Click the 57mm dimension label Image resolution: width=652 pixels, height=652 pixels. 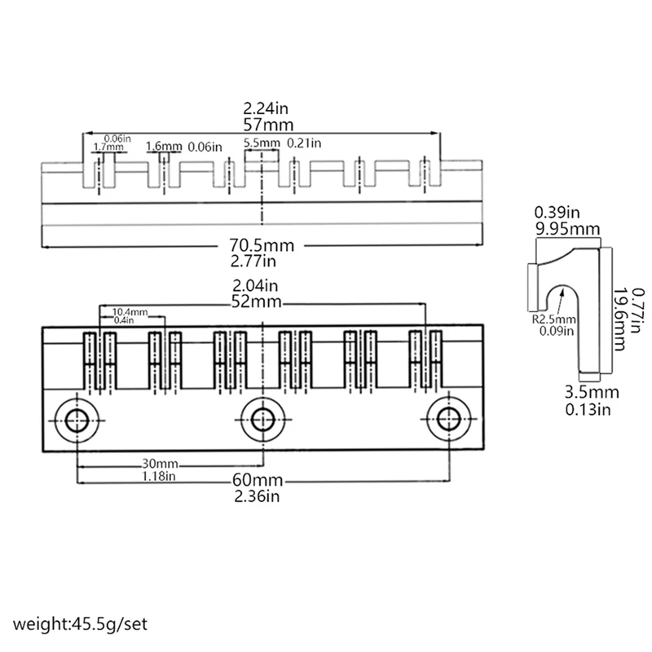[x=262, y=126]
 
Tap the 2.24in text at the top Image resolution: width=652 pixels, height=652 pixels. [x=262, y=108]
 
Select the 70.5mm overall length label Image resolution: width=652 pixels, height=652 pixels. [x=262, y=245]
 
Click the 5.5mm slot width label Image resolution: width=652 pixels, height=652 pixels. [x=262, y=143]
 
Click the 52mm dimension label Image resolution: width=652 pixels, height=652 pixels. [x=262, y=302]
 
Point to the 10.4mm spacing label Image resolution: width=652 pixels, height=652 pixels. [x=130, y=312]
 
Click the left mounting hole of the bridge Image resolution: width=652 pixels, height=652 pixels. [x=77, y=419]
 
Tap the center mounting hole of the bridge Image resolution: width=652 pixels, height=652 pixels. [x=262, y=419]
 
